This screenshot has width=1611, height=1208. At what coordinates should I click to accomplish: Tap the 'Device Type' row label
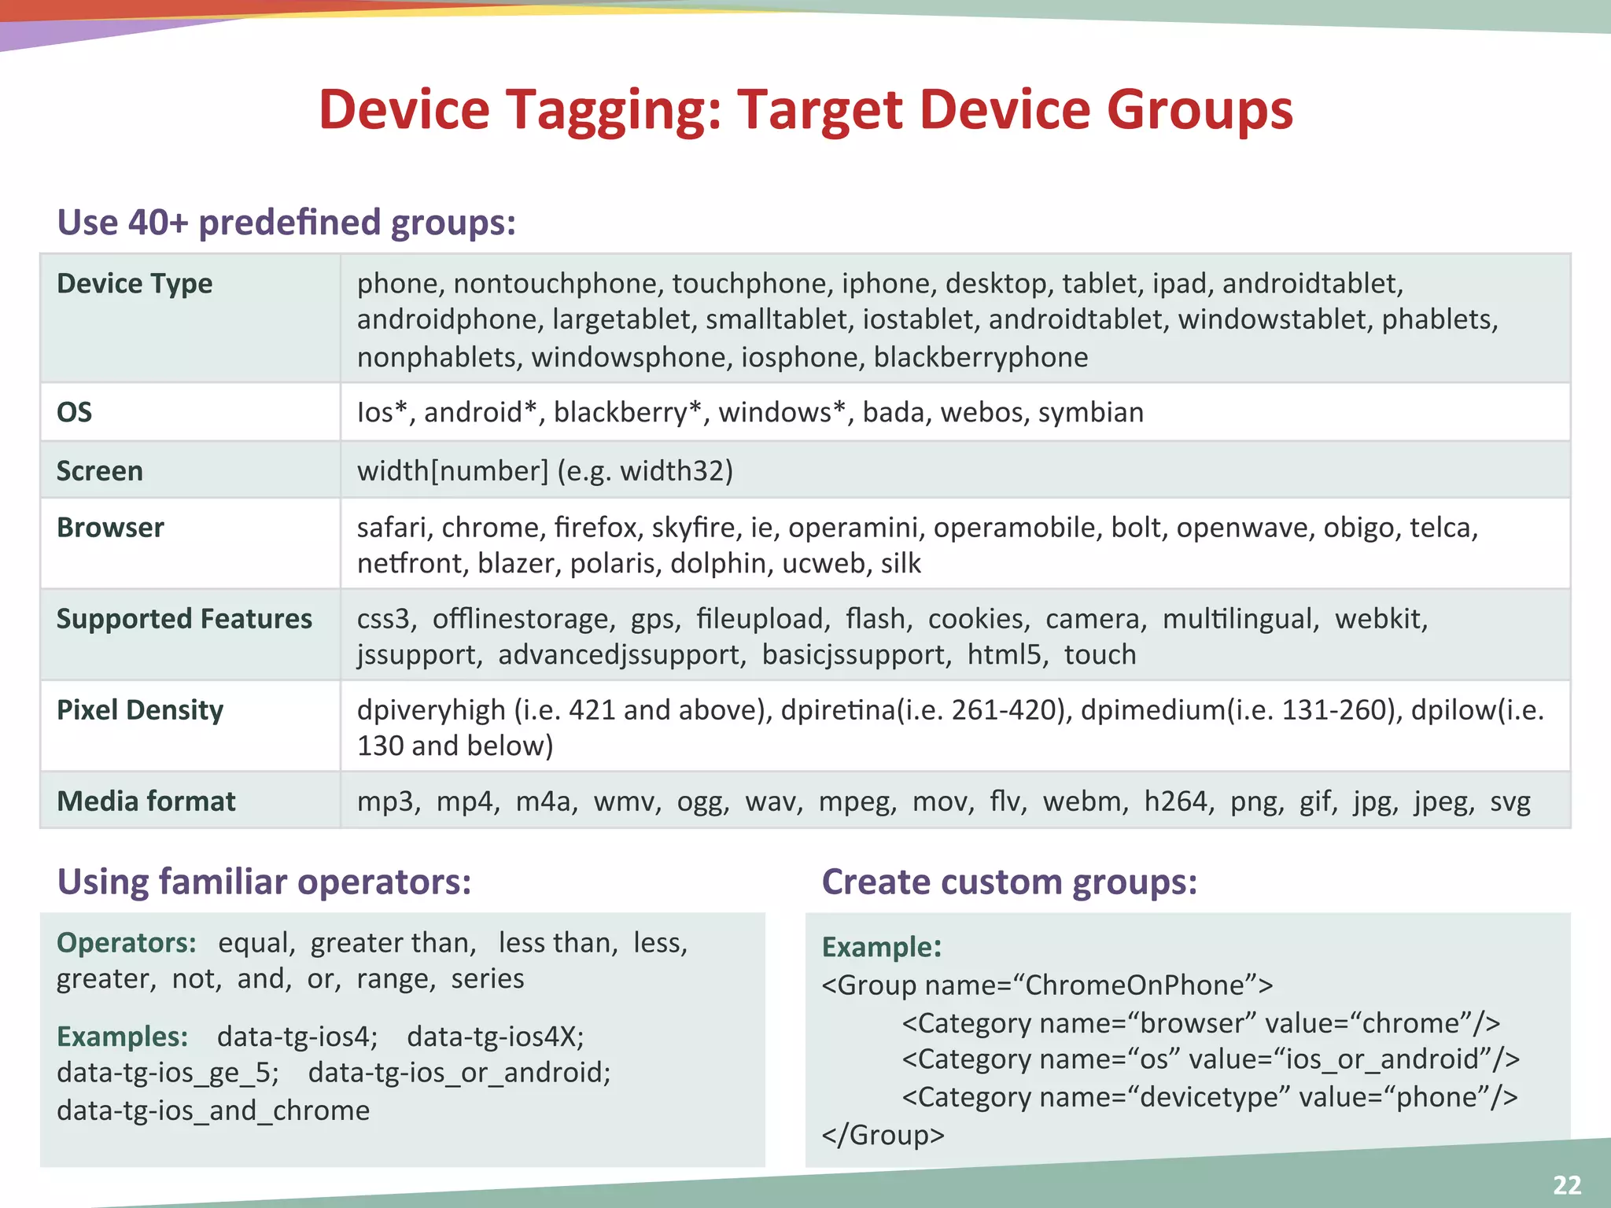[135, 283]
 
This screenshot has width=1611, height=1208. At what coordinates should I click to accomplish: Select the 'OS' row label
[74, 412]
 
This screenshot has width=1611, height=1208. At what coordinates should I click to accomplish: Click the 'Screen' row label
[100, 471]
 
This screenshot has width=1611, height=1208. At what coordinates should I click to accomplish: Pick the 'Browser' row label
[110, 528]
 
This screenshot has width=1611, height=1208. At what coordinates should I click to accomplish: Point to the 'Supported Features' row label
[184, 619]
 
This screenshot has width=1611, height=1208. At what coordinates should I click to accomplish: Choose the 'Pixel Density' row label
[140, 710]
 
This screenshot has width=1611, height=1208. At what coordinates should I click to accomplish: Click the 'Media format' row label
[146, 801]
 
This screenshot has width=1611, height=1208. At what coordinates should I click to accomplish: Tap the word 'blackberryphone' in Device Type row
[980, 358]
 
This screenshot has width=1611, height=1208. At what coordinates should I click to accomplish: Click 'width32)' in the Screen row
[676, 471]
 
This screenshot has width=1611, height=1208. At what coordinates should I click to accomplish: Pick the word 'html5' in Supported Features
[1007, 655]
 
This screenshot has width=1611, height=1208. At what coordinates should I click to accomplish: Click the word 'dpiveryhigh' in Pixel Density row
[431, 710]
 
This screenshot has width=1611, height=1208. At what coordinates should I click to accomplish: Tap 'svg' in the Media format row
[1510, 801]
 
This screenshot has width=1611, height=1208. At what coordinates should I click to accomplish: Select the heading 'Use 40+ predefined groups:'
[286, 223]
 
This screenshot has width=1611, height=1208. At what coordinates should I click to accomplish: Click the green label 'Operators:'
[126, 942]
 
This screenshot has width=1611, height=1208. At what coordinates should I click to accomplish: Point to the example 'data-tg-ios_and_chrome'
[213, 1110]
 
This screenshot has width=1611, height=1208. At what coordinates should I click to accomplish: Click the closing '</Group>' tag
[883, 1135]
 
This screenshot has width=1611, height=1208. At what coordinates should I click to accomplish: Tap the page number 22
[1566, 1184]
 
